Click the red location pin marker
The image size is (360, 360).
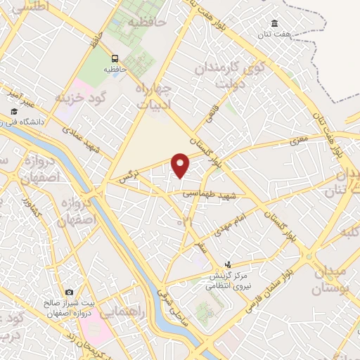[x=181, y=165]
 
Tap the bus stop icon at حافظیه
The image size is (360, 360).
[x=115, y=59]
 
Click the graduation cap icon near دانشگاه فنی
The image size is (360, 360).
[x=13, y=112]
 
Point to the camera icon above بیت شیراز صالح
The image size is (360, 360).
[x=69, y=292]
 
